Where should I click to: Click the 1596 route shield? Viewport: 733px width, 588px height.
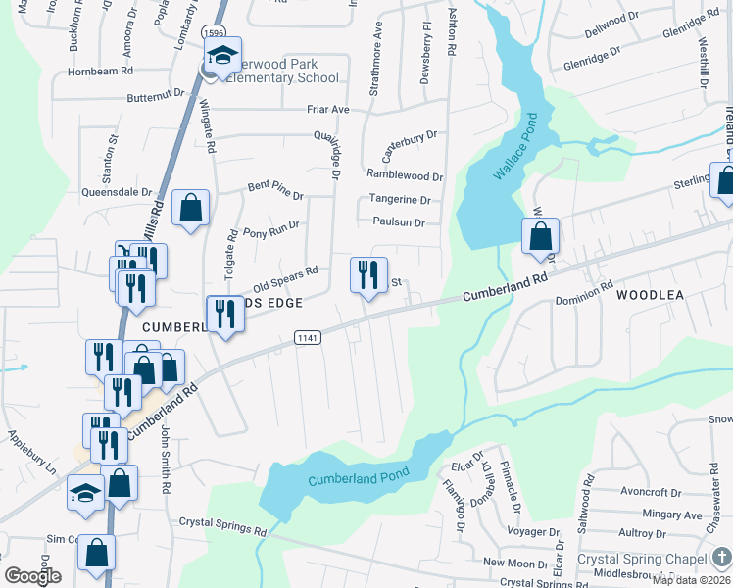[x=215, y=32]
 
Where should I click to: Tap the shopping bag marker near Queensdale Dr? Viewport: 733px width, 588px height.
[x=190, y=208]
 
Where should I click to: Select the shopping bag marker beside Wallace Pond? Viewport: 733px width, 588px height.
[x=540, y=235]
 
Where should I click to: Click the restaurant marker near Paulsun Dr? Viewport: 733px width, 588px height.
[x=368, y=274]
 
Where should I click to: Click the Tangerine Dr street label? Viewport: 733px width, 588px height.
[x=400, y=200]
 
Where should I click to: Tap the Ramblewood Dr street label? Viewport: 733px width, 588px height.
[x=405, y=175]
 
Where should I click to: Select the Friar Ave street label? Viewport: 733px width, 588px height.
[x=326, y=110]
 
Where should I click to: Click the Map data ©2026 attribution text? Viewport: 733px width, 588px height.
[x=691, y=580]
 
